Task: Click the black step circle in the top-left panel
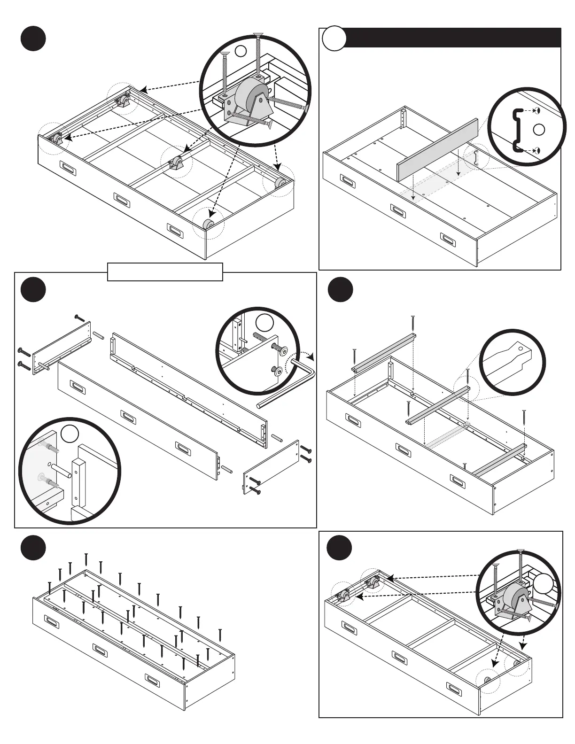tap(33, 39)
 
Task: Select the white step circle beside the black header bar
tap(334, 39)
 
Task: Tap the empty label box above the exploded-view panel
tap(165, 272)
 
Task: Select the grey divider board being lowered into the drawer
tap(438, 149)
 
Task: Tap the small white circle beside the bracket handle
tap(539, 130)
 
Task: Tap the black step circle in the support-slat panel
tap(340, 290)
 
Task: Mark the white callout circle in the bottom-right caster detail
tap(543, 584)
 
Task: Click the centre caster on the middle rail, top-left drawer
tap(178, 163)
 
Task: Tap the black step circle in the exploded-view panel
tap(33, 290)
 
